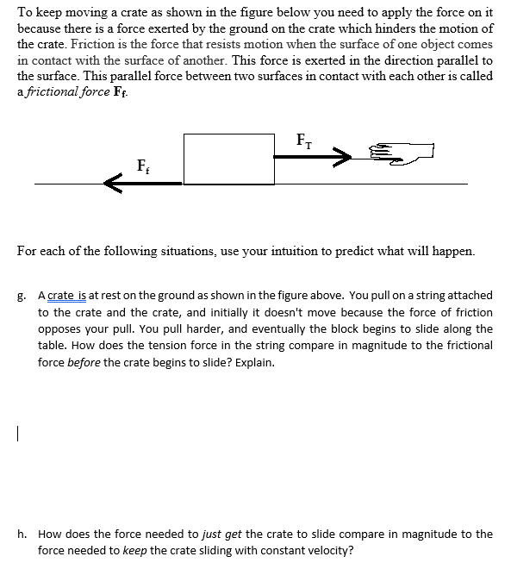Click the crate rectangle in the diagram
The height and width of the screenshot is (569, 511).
coord(228,159)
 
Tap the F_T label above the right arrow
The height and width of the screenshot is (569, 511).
coord(304,140)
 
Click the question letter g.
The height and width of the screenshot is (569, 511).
coord(21,297)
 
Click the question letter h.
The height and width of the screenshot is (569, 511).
coord(21,535)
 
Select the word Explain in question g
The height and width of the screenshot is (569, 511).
coord(254,362)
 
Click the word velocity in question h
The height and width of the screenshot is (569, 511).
coord(328,551)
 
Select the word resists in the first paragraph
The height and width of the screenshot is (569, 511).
coord(239,44)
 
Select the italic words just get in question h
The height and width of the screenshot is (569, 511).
coord(219,535)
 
